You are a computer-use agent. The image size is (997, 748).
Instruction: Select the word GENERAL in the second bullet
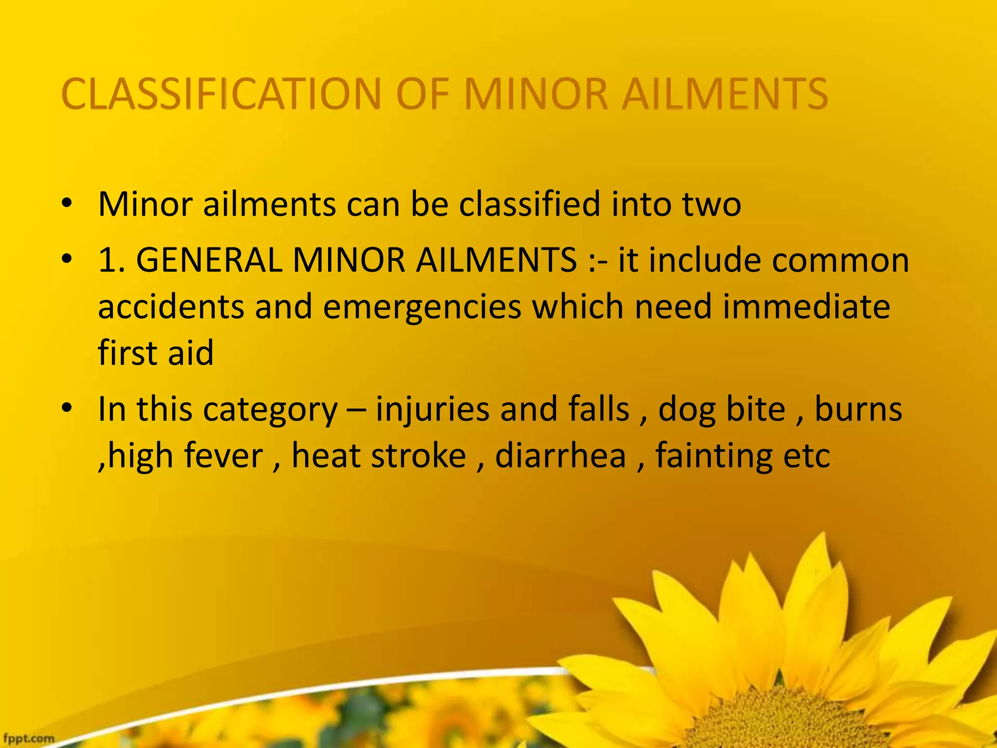tap(209, 260)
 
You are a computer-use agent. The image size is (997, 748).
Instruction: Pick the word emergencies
tap(422, 307)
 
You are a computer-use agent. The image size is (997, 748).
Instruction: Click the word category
tap(270, 410)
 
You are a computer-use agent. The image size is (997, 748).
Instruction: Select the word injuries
tap(432, 410)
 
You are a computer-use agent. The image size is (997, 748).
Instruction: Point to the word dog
tap(687, 410)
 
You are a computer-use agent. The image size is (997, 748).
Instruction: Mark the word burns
tap(858, 410)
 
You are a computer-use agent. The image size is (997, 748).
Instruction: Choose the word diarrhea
tap(560, 456)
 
